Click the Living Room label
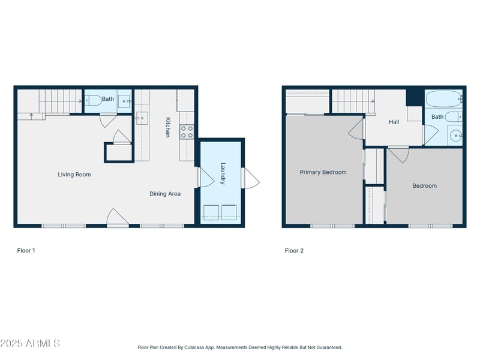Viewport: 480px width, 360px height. coord(74,175)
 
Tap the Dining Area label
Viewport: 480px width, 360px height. coord(165,194)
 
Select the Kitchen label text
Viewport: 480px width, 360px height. coord(168,127)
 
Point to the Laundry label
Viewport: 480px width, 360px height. coord(223,173)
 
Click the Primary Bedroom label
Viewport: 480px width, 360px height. coord(323,172)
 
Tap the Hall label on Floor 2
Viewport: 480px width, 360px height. coord(394,122)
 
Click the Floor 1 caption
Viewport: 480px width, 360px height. coord(26,250)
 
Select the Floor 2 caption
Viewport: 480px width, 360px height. coord(294,250)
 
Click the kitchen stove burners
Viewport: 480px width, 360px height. coord(187,131)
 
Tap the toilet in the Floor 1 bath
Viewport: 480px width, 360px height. coord(93,100)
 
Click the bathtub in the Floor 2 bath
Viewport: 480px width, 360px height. coord(443,98)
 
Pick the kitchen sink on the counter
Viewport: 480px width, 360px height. coord(142,118)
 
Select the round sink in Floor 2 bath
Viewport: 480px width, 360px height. coord(455,135)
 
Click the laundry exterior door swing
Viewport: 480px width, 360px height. coord(251,178)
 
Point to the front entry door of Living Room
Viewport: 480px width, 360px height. coord(118,218)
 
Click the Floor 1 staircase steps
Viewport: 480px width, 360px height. coord(61,101)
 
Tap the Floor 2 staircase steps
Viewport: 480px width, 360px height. coord(353,101)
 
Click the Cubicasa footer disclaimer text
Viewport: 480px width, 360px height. coord(239,347)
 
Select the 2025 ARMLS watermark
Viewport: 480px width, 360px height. coord(30,343)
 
